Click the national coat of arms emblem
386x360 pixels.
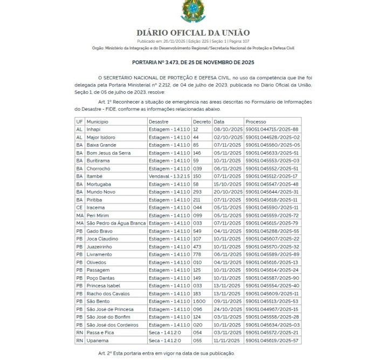192,11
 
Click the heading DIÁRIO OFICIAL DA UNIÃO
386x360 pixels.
192,33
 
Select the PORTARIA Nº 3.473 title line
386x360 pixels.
192,63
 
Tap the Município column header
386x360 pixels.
98,122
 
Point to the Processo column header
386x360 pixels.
256,122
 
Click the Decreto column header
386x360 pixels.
202,122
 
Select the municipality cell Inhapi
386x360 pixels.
94,130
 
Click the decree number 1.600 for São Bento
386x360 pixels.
200,301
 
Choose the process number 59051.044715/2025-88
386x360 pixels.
272,130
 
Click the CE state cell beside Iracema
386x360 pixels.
79,208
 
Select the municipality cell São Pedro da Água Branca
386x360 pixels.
115,223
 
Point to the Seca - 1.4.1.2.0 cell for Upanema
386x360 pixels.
164,341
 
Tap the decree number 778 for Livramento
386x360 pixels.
198,255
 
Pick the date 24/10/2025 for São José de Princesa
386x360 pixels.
229,309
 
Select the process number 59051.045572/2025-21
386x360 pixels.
272,332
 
